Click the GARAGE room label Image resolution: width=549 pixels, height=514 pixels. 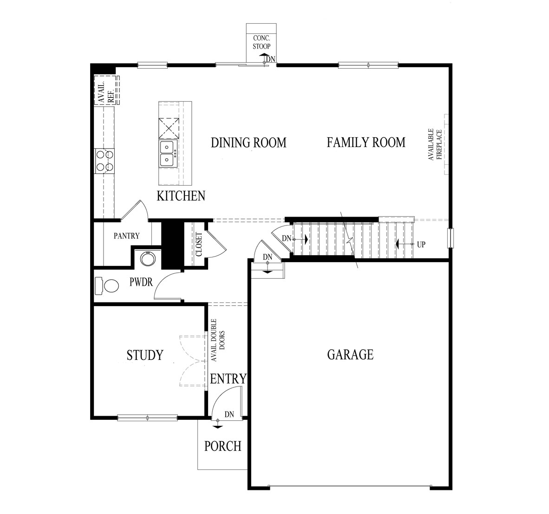coord(350,354)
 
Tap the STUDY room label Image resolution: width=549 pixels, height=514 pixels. coord(145,355)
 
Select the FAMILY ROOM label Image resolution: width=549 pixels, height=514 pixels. coord(366,142)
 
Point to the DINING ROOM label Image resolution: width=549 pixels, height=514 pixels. coord(248,143)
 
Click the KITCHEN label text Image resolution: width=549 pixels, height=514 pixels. coord(181,196)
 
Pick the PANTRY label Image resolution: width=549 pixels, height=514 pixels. coord(126,236)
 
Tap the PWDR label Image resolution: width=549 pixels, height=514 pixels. coord(141,282)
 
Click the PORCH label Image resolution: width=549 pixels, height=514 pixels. coord(222,446)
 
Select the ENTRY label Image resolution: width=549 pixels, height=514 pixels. coord(228,379)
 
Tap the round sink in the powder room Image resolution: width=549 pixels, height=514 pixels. coord(147,259)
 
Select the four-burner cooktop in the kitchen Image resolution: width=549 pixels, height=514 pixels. coord(105,161)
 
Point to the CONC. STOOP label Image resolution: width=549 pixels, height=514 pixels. coord(261,42)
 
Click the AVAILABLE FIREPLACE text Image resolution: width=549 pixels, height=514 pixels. coord(435,144)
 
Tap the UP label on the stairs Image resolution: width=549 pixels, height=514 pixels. coord(421,244)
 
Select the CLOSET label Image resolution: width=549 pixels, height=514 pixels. coord(199,244)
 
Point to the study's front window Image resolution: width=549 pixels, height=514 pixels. coord(147,417)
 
